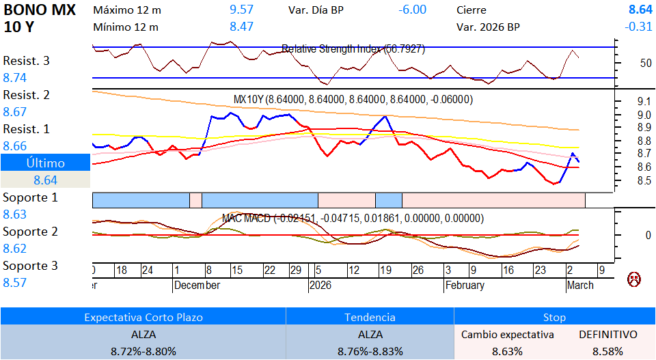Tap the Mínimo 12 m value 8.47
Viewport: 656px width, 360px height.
(x=241, y=27)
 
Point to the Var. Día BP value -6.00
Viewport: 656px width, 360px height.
(x=412, y=10)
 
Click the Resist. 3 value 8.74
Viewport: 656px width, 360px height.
(x=15, y=78)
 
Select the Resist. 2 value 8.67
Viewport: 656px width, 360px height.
(x=15, y=112)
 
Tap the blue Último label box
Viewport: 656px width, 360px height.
(x=45, y=163)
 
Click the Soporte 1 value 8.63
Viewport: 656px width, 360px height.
(x=15, y=214)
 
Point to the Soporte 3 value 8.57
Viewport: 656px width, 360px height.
(x=15, y=282)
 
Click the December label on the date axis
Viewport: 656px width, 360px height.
(x=197, y=286)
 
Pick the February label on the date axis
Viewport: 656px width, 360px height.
(x=465, y=286)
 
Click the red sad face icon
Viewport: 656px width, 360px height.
(x=635, y=279)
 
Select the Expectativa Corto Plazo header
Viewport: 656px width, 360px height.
(x=143, y=317)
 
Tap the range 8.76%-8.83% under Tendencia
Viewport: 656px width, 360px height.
(x=370, y=351)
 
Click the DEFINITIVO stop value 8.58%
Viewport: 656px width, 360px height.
(x=607, y=351)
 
